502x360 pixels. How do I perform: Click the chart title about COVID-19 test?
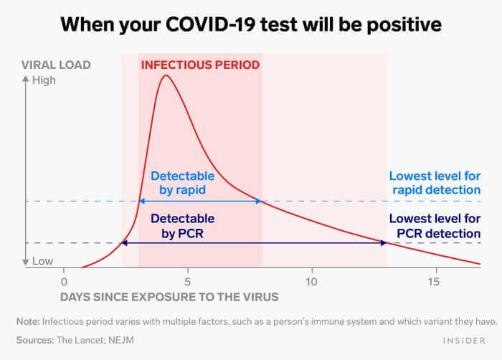pyautogui.click(x=250, y=24)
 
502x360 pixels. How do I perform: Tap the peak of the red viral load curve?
pyautogui.click(x=166, y=75)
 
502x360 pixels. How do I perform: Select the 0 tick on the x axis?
pyautogui.click(x=64, y=282)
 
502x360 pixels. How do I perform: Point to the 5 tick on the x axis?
pyautogui.click(x=187, y=282)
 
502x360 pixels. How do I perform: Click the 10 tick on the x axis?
pyautogui.click(x=311, y=282)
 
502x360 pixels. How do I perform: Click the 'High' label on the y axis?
pyautogui.click(x=44, y=80)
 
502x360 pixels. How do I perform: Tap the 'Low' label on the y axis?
pyautogui.click(x=42, y=262)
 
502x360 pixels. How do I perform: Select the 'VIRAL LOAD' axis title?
pyautogui.click(x=55, y=65)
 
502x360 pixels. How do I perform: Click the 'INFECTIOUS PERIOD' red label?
pyautogui.click(x=200, y=65)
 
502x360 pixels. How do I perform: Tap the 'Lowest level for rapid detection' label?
pyautogui.click(x=435, y=183)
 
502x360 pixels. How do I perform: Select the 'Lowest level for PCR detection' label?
pyautogui.click(x=435, y=226)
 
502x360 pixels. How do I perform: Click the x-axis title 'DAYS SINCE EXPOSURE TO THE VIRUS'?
pyautogui.click(x=169, y=296)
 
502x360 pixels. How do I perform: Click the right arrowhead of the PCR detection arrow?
pyautogui.click(x=384, y=244)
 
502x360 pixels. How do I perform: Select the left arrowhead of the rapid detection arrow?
pyautogui.click(x=141, y=202)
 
